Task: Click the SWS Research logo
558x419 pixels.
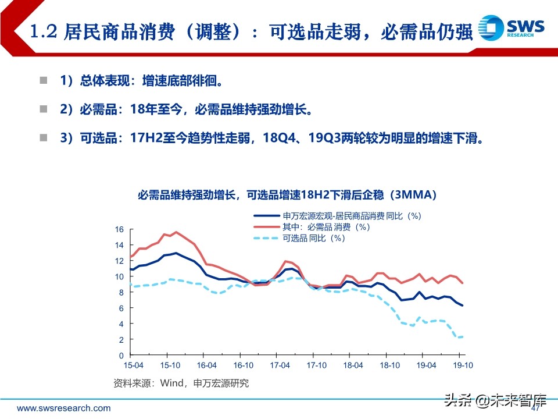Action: click(x=512, y=28)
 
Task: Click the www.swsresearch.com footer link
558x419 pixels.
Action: click(x=63, y=408)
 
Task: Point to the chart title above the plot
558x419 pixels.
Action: click(x=279, y=194)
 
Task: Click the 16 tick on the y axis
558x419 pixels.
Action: click(x=119, y=229)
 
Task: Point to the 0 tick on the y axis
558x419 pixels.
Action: click(x=121, y=356)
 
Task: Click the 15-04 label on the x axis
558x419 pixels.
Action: click(x=133, y=365)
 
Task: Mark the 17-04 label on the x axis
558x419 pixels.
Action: click(x=280, y=365)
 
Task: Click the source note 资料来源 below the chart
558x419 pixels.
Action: click(x=180, y=383)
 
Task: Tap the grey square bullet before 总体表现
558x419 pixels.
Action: click(x=43, y=80)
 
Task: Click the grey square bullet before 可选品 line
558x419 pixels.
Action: click(x=43, y=138)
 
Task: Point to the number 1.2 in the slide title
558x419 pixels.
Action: click(x=41, y=31)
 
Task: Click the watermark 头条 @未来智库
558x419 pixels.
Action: click(x=495, y=400)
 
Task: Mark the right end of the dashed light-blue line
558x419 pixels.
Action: click(x=463, y=336)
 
